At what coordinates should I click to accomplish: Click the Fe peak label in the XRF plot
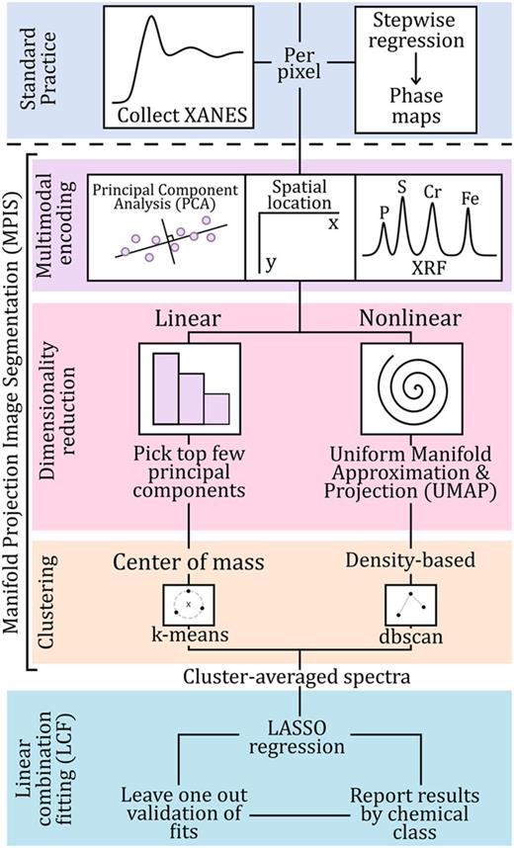point(471,199)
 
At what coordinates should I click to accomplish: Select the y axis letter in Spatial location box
point(267,264)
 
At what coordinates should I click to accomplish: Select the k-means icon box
point(186,601)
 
